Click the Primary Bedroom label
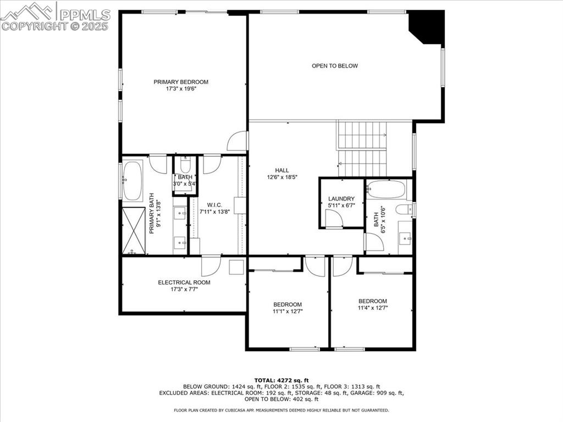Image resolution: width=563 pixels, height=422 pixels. (181, 82)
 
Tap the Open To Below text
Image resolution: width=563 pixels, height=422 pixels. (335, 66)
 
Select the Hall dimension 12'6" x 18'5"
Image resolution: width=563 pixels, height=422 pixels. (282, 177)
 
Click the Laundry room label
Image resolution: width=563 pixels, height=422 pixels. (341, 199)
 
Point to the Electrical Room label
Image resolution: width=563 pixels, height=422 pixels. (184, 282)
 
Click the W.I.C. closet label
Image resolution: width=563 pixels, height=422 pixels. (214, 204)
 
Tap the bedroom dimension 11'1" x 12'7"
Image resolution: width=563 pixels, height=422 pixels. (288, 312)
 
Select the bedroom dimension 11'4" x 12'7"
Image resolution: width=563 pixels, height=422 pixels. (373, 308)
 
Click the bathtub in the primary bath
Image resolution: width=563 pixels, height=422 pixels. (133, 180)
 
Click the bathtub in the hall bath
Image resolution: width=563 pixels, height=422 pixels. (386, 190)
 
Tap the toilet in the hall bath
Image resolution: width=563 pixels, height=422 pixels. (404, 209)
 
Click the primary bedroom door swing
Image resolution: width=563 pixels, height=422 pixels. (237, 141)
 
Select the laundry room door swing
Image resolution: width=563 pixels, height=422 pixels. (334, 219)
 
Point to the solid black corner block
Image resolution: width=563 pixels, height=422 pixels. (427, 25)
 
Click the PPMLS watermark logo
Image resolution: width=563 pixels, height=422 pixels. (55, 16)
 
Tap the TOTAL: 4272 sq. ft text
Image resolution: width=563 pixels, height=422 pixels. (281, 380)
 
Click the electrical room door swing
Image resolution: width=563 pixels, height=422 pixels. (211, 266)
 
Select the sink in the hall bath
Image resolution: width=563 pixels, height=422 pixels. (405, 237)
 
